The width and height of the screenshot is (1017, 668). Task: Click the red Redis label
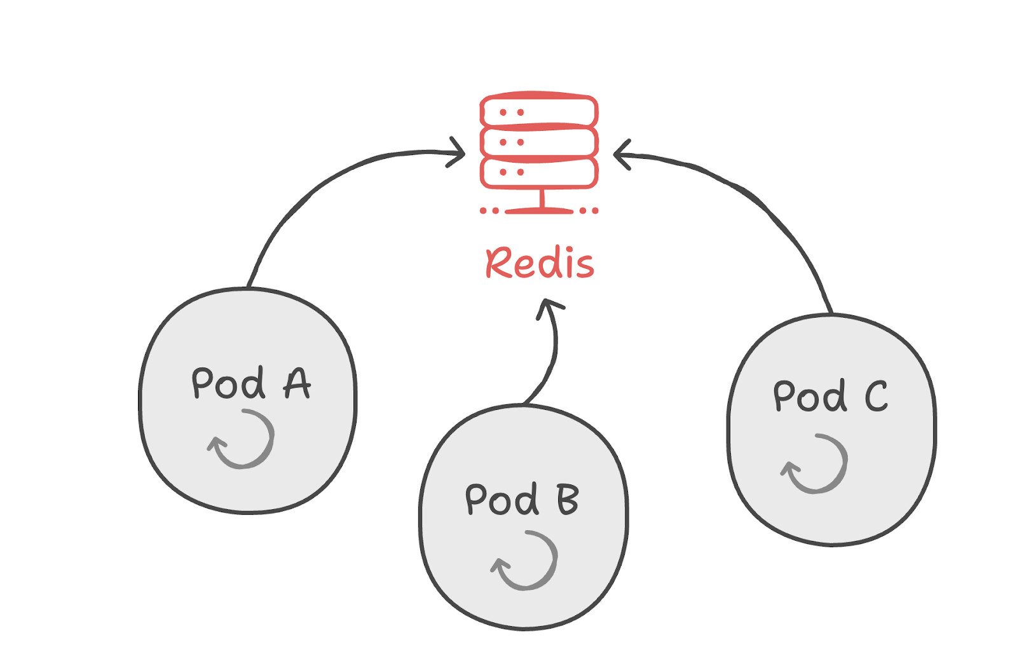point(540,262)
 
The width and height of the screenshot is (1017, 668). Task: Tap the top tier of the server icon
point(539,112)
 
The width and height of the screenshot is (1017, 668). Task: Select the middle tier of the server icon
point(539,142)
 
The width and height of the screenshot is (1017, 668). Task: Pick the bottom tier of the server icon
point(539,172)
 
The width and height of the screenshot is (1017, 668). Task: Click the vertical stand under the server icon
point(542,198)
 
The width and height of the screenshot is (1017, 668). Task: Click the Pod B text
point(521,499)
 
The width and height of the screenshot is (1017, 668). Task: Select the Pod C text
point(829,396)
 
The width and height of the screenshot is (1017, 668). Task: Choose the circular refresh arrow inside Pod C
point(816,464)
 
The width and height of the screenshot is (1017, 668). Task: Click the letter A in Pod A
point(297,383)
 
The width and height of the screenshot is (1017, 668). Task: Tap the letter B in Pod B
point(568,499)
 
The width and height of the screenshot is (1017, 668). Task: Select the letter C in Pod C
point(876,396)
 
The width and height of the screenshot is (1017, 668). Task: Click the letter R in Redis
point(500,262)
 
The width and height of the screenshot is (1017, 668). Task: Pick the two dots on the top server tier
point(511,112)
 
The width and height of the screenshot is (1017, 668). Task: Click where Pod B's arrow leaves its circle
point(524,403)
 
